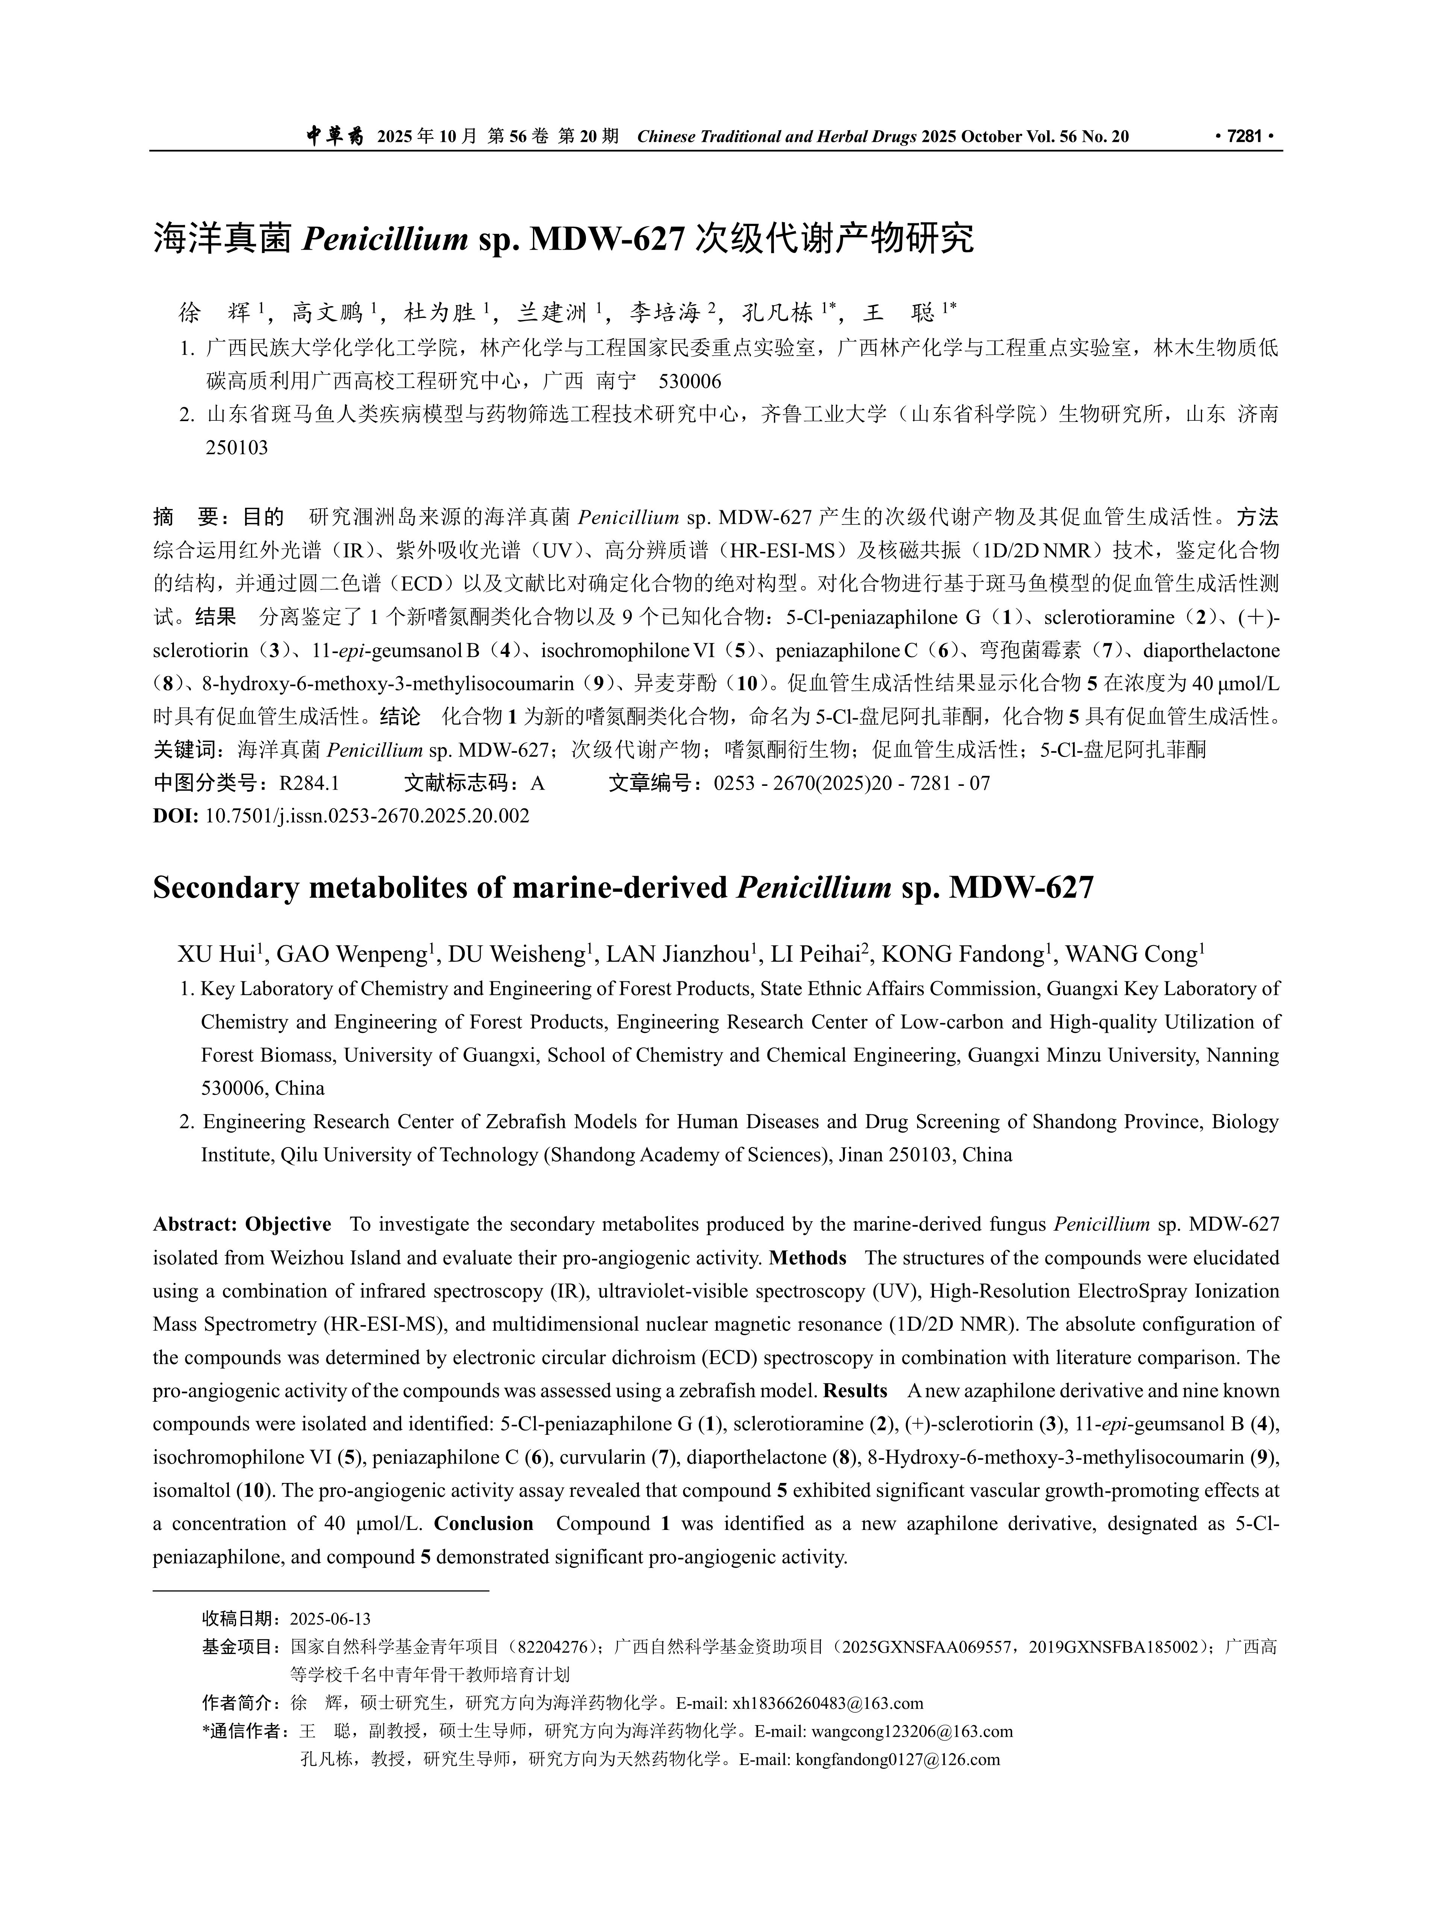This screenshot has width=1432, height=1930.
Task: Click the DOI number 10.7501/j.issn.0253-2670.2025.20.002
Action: [x=367, y=816]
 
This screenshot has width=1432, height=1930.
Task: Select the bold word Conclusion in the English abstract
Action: [x=484, y=1524]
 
